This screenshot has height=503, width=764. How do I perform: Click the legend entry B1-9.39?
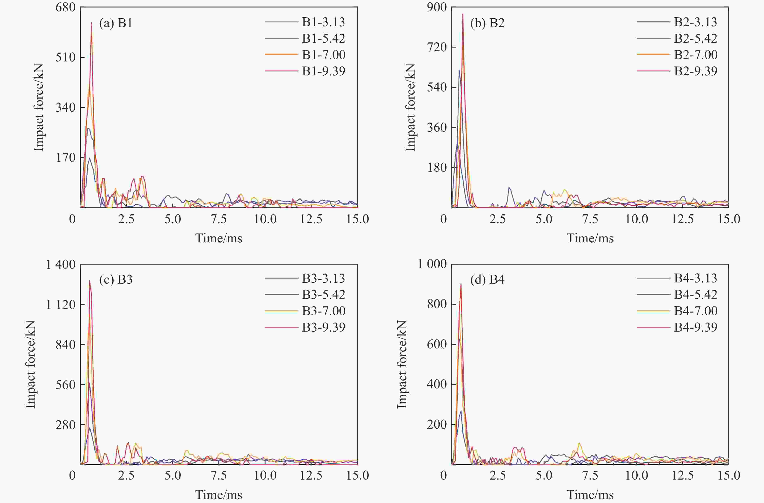[323, 71]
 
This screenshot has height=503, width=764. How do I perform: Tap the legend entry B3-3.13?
[323, 278]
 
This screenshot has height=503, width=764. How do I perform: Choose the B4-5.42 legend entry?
[695, 294]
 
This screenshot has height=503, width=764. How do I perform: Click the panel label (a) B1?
[116, 23]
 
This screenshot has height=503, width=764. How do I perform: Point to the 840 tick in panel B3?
[65, 344]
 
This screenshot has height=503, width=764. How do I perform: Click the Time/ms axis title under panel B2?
[590, 238]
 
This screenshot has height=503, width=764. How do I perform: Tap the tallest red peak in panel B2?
[463, 14]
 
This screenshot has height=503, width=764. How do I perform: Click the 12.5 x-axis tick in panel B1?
[311, 219]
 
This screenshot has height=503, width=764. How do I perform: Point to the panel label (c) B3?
[116, 280]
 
